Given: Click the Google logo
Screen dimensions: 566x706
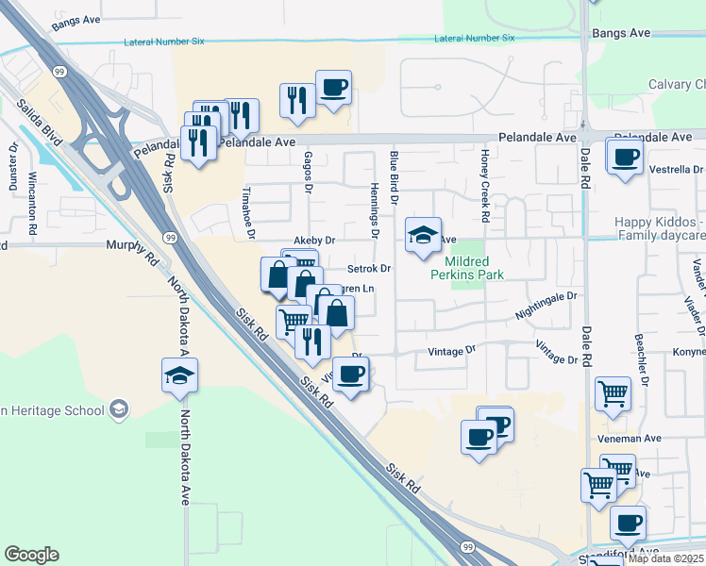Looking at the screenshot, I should click(31, 555).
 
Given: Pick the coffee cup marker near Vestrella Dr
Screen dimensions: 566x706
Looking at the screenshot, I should click(625, 158).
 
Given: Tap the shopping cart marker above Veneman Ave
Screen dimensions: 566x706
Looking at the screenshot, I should click(613, 393).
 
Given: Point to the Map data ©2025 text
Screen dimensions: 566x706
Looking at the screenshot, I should click(665, 558).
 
